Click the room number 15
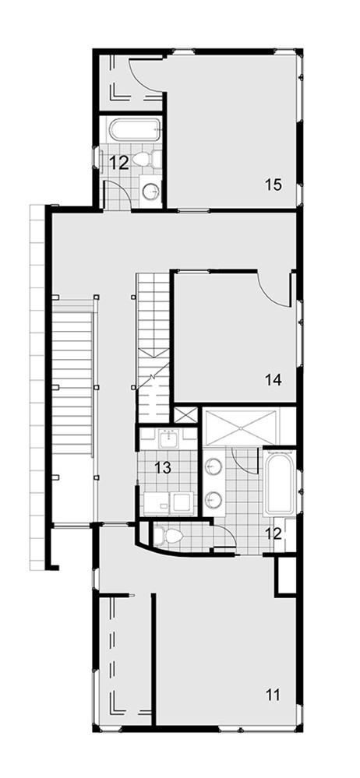(273, 185)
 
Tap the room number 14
(274, 380)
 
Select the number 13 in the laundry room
(163, 467)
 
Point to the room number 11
(273, 694)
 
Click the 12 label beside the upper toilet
(119, 162)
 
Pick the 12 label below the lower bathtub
(273, 533)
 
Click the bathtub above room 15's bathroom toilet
(135, 130)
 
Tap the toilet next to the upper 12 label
(147, 160)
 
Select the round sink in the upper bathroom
(151, 189)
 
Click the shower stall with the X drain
(242, 426)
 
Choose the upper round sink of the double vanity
(214, 466)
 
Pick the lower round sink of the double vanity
(214, 498)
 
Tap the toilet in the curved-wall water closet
(168, 536)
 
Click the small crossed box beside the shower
(185, 415)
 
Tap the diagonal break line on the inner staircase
(154, 375)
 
